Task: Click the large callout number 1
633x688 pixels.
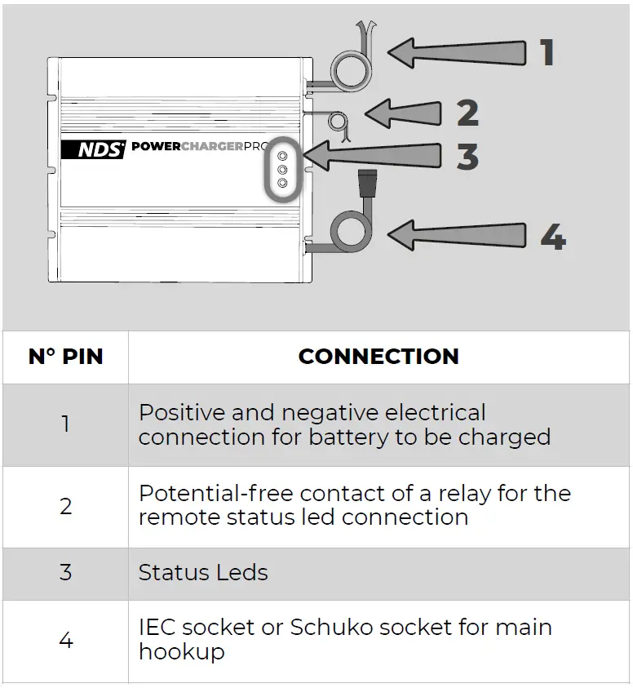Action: click(547, 52)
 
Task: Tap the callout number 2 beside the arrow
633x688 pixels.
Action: click(467, 113)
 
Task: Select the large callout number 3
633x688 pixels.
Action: click(467, 155)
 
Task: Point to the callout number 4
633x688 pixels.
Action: click(552, 237)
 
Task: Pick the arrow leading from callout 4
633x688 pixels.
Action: click(457, 237)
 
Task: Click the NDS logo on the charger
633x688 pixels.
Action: click(94, 149)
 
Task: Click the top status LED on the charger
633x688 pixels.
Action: click(283, 156)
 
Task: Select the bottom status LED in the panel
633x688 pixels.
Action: click(283, 184)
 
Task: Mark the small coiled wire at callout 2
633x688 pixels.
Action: click(336, 122)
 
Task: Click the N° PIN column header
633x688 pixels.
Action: click(65, 357)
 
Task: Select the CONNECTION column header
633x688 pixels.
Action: click(378, 357)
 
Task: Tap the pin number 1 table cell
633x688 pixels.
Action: click(65, 424)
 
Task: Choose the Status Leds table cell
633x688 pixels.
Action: click(203, 573)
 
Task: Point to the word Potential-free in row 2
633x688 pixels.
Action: click(215, 494)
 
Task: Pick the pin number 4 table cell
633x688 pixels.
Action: click(65, 641)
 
